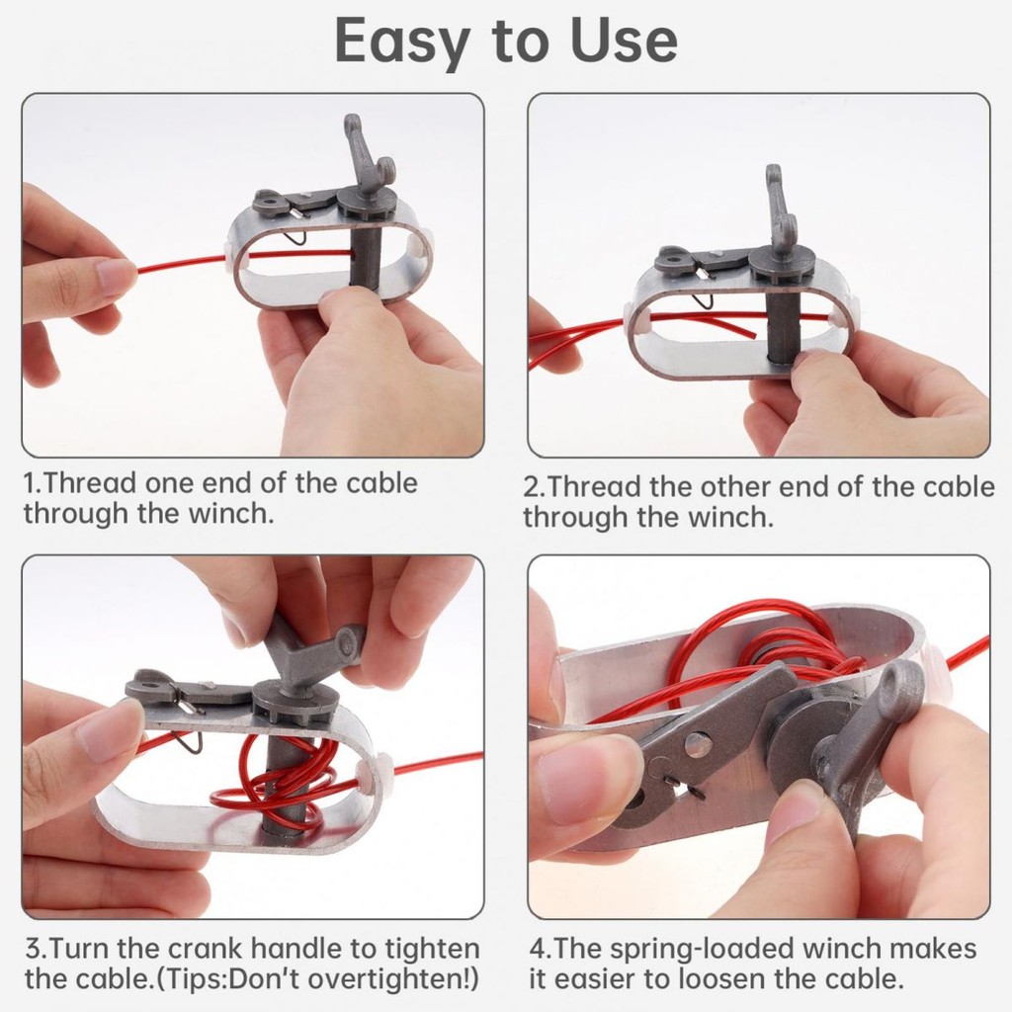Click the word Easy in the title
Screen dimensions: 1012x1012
(x=401, y=42)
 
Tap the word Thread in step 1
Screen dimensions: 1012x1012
(x=90, y=482)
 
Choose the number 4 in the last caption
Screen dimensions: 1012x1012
(x=538, y=950)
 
